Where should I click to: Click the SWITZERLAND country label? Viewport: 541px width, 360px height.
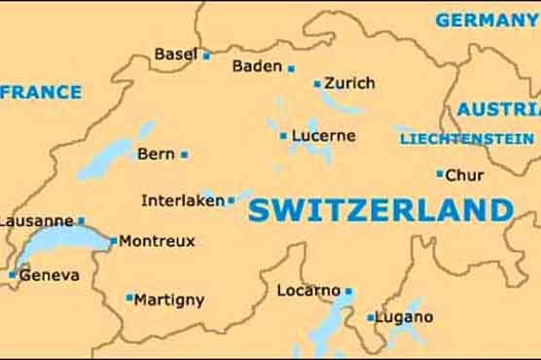click(380, 210)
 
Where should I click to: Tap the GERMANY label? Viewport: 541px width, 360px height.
click(487, 19)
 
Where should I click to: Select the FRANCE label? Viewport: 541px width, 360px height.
click(41, 92)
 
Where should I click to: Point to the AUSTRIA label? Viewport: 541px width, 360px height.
click(498, 109)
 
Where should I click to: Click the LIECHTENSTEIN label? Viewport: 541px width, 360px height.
click(466, 139)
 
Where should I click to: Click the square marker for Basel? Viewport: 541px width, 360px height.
click(206, 55)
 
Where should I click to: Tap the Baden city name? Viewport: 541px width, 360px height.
click(256, 66)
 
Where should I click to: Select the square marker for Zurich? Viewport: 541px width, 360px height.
click(317, 84)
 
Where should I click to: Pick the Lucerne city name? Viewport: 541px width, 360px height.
click(323, 135)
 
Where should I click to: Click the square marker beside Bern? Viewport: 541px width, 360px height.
click(184, 154)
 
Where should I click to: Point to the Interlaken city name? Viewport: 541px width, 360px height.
click(182, 200)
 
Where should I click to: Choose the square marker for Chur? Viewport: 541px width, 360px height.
click(440, 174)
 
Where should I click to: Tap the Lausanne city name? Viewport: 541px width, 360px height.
click(36, 221)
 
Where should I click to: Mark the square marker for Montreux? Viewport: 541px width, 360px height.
click(114, 240)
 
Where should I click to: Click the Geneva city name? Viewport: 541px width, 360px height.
click(49, 275)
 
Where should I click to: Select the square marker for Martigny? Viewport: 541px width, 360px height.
click(129, 298)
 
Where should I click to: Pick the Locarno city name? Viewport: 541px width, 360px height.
click(308, 290)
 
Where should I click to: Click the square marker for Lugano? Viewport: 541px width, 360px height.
click(371, 317)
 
